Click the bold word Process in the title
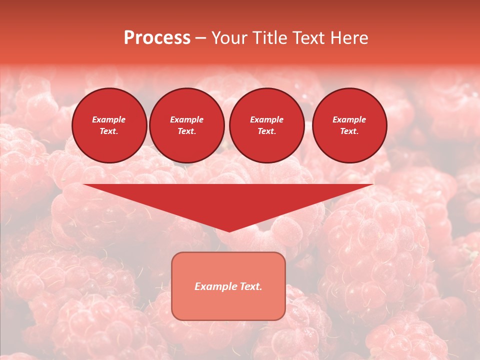pyautogui.click(x=157, y=38)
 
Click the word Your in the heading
pyautogui.click(x=229, y=38)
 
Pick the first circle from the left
pyautogui.click(x=109, y=125)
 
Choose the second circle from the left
pyautogui.click(x=186, y=125)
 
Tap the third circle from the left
pyautogui.click(x=266, y=125)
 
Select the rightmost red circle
pyautogui.click(x=349, y=125)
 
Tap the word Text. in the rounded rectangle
pyautogui.click(x=250, y=286)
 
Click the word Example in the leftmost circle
pyautogui.click(x=109, y=119)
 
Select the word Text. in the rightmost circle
pyautogui.click(x=349, y=131)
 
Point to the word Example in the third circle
pyautogui.click(x=266, y=119)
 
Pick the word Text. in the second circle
pyautogui.click(x=186, y=131)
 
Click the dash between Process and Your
pyautogui.click(x=200, y=38)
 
